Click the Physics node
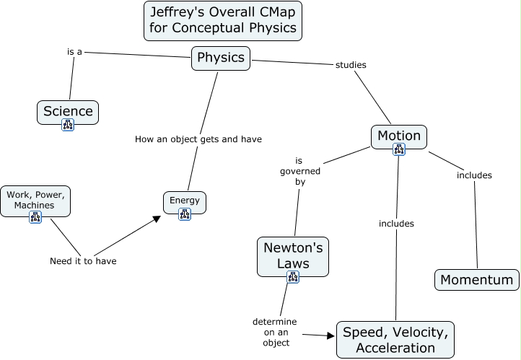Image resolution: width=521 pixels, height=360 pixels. [221, 58]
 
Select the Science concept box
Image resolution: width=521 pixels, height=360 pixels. [68, 111]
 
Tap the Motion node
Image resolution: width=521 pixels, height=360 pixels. [398, 136]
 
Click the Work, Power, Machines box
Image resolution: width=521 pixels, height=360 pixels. [36, 200]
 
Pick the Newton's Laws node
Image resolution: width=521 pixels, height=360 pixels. [293, 255]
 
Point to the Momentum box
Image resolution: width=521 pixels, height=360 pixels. [476, 280]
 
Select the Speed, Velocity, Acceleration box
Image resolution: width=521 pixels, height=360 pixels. [395, 340]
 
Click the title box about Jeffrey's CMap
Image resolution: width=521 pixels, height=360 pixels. [222, 20]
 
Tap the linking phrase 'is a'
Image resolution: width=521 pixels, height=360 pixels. [74, 52]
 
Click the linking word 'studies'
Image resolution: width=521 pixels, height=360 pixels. [351, 65]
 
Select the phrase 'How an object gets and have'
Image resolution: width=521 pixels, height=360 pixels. [198, 139]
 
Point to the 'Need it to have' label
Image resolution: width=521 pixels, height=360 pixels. [83, 261]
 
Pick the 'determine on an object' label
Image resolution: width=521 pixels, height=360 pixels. [274, 332]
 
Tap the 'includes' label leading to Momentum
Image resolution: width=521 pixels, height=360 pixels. [474, 175]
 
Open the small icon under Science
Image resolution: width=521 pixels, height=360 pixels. [68, 125]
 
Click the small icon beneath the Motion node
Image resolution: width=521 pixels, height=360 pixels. [398, 149]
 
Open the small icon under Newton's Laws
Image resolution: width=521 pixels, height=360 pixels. [292, 276]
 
